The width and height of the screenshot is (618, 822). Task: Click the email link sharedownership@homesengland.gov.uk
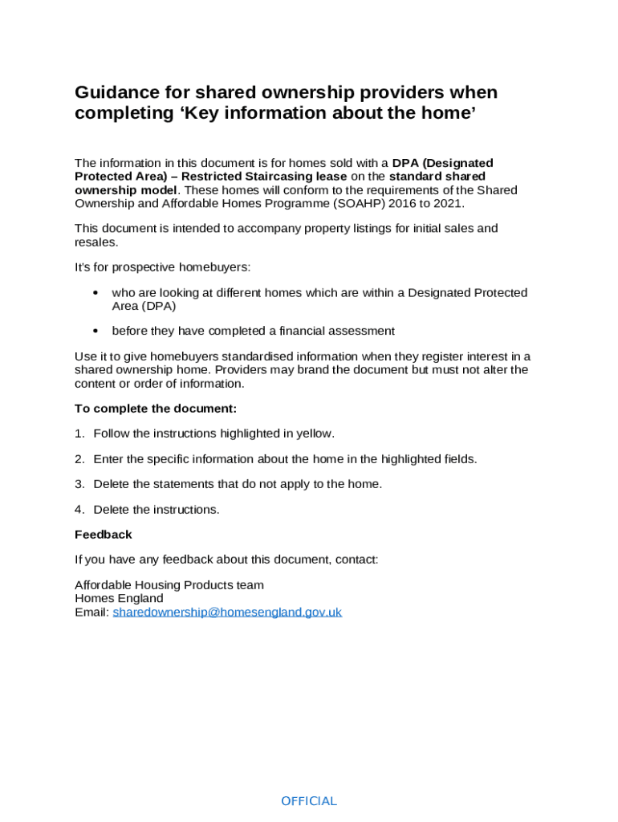pos(227,612)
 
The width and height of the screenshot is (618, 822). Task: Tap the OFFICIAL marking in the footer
pos(309,801)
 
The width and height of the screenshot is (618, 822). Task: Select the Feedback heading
pos(104,535)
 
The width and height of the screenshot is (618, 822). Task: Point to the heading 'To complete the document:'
pos(156,409)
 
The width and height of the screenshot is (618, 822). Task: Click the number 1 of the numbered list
pos(79,433)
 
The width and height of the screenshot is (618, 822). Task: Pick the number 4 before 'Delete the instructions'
pos(79,510)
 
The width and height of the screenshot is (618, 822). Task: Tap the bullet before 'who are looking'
pos(96,293)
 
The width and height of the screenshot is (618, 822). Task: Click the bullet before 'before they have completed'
pos(96,331)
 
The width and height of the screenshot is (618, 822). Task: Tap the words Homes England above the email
pos(119,598)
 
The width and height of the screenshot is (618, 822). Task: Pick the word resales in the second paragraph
pos(96,242)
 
